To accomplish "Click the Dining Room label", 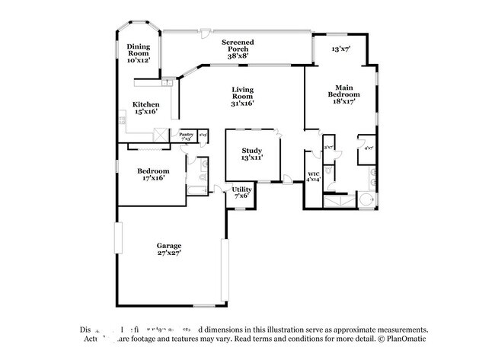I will [x=138, y=51].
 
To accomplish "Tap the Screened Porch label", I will [x=238, y=46].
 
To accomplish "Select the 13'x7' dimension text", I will [x=340, y=49].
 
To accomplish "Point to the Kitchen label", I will [x=146, y=104].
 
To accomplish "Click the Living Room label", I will [x=243, y=94].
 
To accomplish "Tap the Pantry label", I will [x=186, y=134].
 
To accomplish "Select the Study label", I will [x=252, y=151].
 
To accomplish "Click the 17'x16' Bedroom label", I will [x=153, y=171].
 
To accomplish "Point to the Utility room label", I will [x=242, y=189].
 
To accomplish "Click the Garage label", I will [x=168, y=245].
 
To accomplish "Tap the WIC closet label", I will [x=313, y=174].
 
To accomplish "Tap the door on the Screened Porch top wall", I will [x=203, y=33].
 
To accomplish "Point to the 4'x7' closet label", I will [x=369, y=148].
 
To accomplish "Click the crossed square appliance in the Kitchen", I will [x=159, y=135].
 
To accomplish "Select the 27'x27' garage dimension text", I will [x=168, y=254].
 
